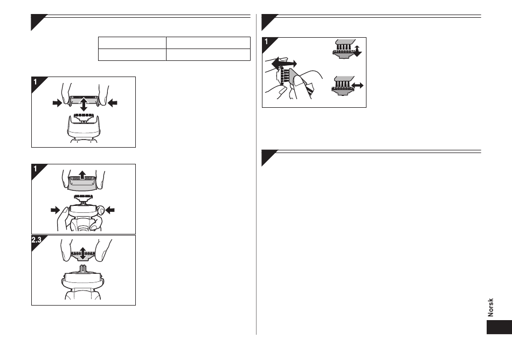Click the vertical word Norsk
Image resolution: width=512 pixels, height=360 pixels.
pyautogui.click(x=490, y=307)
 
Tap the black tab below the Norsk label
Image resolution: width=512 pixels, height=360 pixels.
pyautogui.click(x=499, y=327)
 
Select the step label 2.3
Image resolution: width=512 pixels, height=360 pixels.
pyautogui.click(x=36, y=240)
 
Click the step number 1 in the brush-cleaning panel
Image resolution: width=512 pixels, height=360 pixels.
pyautogui.click(x=266, y=41)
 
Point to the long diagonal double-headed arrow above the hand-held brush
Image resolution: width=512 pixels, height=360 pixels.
pyautogui.click(x=284, y=63)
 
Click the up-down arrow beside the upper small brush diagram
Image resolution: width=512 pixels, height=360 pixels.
pyautogui.click(x=357, y=51)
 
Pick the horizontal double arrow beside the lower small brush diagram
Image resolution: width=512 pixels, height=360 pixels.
pyautogui.click(x=357, y=86)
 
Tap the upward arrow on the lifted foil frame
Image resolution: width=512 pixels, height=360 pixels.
pyautogui.click(x=82, y=175)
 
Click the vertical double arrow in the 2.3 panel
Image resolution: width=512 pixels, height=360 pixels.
pyautogui.click(x=83, y=253)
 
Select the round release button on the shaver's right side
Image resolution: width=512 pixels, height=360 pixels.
pyautogui.click(x=101, y=211)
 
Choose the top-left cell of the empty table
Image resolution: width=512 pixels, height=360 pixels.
pyautogui.click(x=132, y=43)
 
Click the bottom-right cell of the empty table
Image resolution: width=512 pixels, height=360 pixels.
pyautogui.click(x=208, y=55)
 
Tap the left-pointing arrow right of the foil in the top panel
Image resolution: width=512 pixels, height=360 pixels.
pyautogui.click(x=112, y=103)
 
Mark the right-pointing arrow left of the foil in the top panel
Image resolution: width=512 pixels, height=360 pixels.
pyautogui.click(x=57, y=103)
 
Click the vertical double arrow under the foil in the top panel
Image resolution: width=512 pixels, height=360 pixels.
pyautogui.click(x=84, y=104)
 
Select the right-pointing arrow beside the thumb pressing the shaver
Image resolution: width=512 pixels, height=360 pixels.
pyautogui.click(x=56, y=210)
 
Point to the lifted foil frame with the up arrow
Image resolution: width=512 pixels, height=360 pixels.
pyautogui.click(x=82, y=182)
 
